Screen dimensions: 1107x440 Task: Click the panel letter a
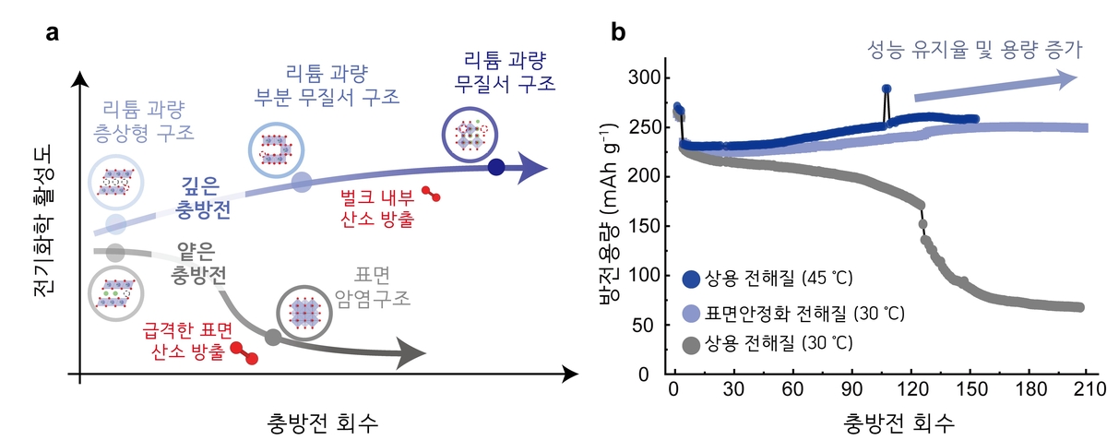(x=52, y=33)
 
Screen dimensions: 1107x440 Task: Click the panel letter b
(x=618, y=32)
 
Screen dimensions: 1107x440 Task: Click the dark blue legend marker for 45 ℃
(x=691, y=279)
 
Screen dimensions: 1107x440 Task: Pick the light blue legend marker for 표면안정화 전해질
(x=691, y=314)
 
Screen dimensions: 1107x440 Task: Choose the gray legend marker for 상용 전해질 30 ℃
(x=691, y=344)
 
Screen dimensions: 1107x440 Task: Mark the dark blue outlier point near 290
(x=887, y=89)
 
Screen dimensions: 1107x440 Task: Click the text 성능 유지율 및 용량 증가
(x=975, y=50)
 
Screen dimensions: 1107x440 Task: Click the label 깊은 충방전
(x=203, y=197)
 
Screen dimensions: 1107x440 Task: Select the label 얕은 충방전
(x=198, y=263)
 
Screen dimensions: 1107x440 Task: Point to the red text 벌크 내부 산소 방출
(x=377, y=208)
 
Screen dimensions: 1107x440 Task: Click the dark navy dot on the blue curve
(x=496, y=167)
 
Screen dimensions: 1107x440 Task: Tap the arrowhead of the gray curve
(x=411, y=353)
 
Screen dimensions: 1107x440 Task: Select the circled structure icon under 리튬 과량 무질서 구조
(x=470, y=135)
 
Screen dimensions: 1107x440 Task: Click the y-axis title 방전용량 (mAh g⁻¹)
(x=610, y=215)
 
